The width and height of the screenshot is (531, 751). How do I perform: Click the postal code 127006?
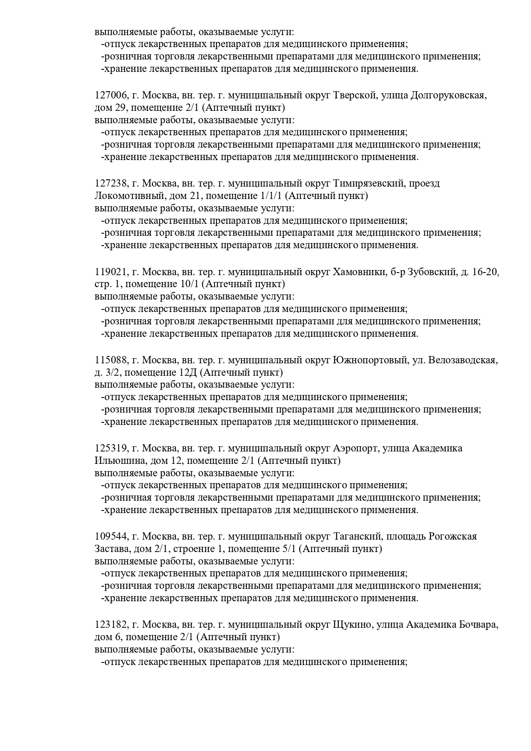pos(110,95)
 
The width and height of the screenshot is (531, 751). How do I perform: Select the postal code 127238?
pos(110,184)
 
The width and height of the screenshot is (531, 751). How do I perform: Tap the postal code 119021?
pos(110,272)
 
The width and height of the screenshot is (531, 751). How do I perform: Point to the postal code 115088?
pos(110,360)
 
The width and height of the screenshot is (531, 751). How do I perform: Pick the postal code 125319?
pos(110,448)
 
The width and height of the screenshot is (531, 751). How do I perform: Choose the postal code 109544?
pos(110,537)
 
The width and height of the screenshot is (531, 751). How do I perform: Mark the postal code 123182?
pos(110,625)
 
